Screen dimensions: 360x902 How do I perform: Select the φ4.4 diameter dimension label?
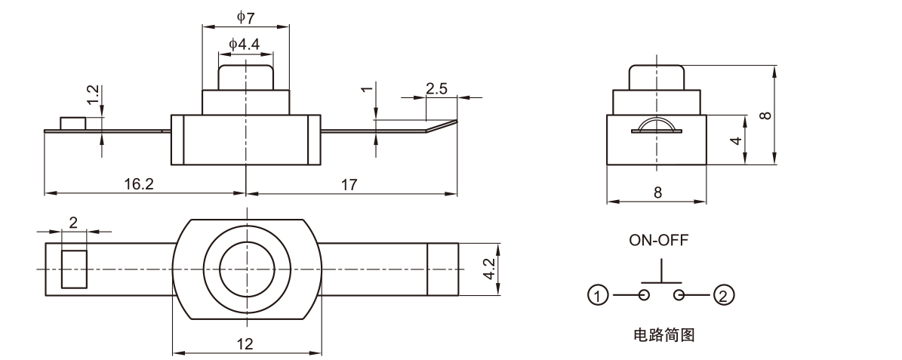click(245, 45)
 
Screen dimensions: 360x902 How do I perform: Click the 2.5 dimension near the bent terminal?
click(436, 88)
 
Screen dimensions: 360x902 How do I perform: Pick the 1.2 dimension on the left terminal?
click(93, 94)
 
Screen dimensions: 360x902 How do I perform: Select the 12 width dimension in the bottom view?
click(245, 343)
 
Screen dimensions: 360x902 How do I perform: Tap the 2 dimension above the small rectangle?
click(73, 222)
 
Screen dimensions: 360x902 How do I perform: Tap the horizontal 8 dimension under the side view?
click(657, 192)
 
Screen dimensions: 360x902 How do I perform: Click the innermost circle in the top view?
click(247, 269)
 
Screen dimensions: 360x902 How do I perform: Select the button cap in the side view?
click(657, 77)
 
